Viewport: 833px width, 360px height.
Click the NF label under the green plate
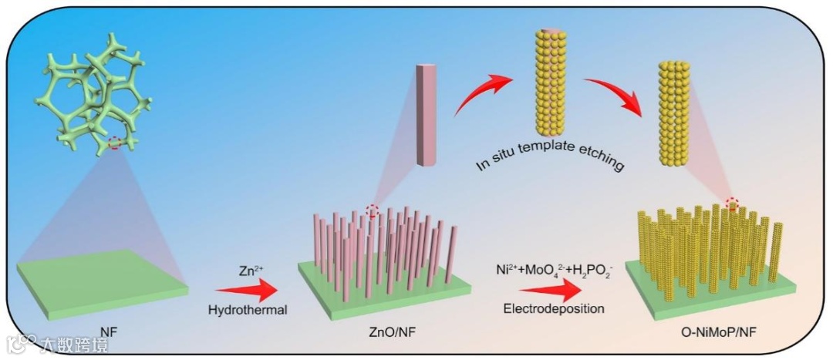[108, 332]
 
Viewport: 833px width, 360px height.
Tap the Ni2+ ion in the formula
[508, 271]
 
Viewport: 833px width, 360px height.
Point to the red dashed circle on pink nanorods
[373, 210]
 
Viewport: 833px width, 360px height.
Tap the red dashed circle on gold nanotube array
[733, 204]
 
